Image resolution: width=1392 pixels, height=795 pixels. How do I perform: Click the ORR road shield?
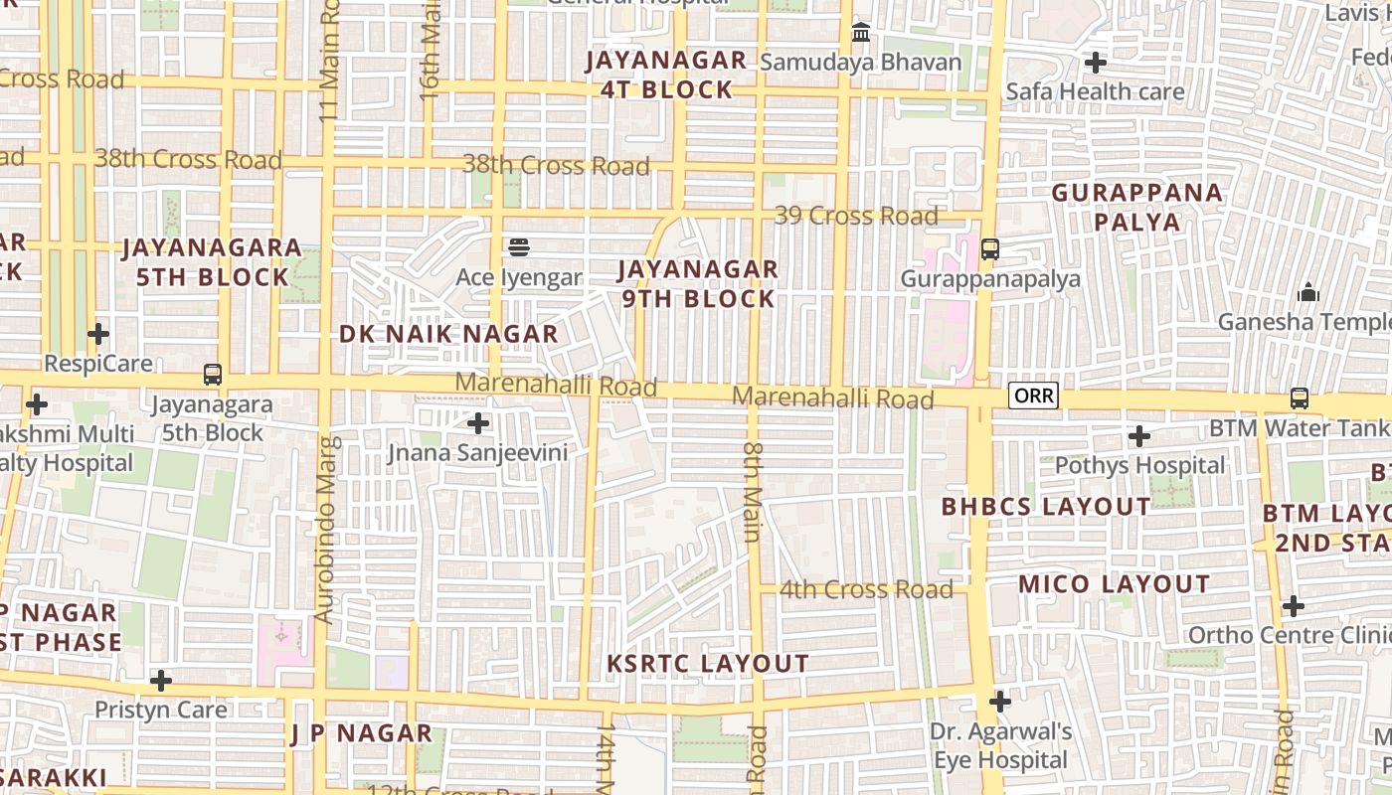click(x=1034, y=396)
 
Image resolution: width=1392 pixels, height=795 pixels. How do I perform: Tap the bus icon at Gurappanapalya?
click(x=990, y=248)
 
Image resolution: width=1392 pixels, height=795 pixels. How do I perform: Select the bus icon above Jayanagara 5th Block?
click(x=213, y=375)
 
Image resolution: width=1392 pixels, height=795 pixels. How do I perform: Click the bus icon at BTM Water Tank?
click(x=1300, y=398)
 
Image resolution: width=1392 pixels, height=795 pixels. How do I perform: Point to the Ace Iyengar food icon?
click(x=519, y=246)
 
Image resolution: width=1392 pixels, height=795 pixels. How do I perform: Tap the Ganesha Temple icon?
click(x=1308, y=292)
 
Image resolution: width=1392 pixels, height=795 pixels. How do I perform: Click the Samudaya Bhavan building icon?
click(x=861, y=33)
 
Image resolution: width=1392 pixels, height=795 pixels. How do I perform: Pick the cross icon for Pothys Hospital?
click(x=1139, y=435)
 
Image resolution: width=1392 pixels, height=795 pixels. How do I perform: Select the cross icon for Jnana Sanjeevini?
click(x=478, y=423)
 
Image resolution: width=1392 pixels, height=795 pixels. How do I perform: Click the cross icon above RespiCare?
click(x=98, y=334)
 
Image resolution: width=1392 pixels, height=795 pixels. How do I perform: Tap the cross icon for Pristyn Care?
click(x=161, y=681)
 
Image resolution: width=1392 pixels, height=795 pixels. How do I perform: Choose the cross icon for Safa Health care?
click(x=1096, y=63)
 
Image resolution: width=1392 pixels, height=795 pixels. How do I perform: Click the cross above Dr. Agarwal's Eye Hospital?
click(x=1000, y=702)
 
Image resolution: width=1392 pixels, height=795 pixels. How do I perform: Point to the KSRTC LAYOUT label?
click(x=708, y=664)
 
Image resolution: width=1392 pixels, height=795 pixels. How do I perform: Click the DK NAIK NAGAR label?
click(x=448, y=334)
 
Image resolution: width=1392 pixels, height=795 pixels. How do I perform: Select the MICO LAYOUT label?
click(x=1115, y=584)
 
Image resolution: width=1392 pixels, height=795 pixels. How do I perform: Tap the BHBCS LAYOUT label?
click(x=1046, y=507)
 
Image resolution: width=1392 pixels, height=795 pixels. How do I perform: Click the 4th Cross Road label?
click(x=866, y=589)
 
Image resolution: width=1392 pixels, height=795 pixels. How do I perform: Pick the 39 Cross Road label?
click(x=856, y=216)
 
